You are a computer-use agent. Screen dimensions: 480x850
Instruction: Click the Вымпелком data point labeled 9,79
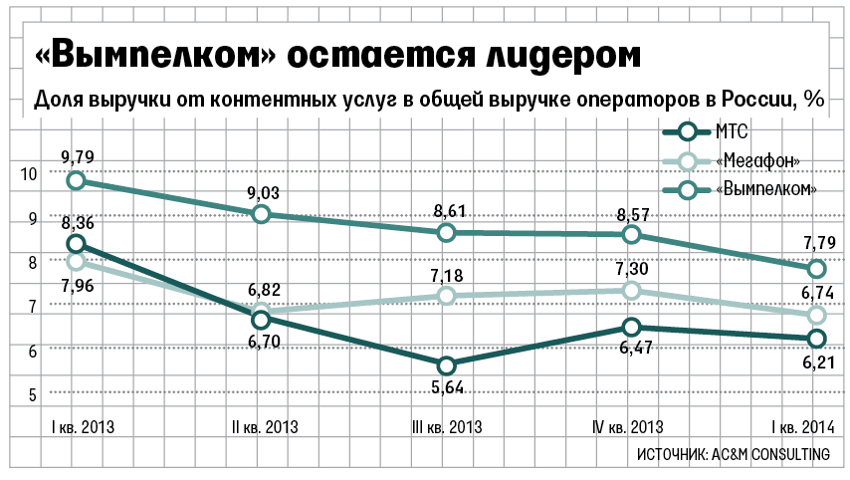76,180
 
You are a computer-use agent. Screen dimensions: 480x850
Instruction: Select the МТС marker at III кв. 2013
446,364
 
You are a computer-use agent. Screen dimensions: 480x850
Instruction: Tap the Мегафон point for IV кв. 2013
631,290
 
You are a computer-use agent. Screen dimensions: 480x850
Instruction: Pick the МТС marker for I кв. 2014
816,339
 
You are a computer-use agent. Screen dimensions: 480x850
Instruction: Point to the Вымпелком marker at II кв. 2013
261,214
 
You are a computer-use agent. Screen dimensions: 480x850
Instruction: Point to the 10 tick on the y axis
27,173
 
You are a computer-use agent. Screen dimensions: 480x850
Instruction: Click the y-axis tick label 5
30,394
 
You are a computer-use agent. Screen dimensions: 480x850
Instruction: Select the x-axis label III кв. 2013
447,428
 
